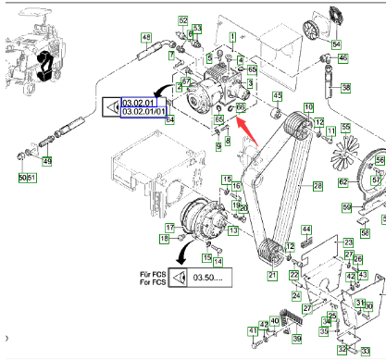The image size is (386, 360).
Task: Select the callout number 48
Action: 145,37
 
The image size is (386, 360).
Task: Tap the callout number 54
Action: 337,43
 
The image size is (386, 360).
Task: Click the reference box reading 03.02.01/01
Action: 140,111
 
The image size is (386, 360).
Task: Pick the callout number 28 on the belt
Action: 318,187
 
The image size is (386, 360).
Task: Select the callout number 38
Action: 346,88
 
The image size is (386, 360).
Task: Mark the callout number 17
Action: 170,227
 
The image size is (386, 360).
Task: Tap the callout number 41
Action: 252,330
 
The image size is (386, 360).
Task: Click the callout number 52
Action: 183,19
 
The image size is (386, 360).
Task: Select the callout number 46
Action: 343,57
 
